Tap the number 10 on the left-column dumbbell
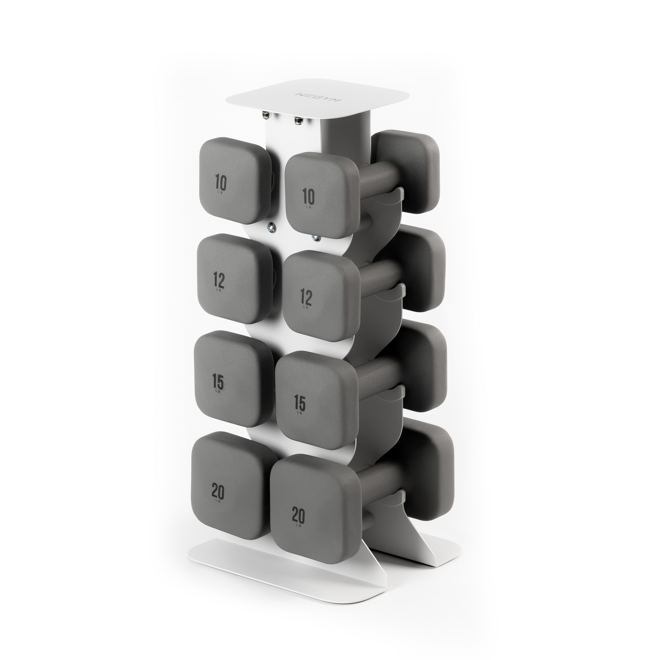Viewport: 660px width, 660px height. pos(221,183)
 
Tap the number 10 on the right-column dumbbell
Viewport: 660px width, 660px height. pos(308,197)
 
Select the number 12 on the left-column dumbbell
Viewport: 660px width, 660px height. pos(219,281)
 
